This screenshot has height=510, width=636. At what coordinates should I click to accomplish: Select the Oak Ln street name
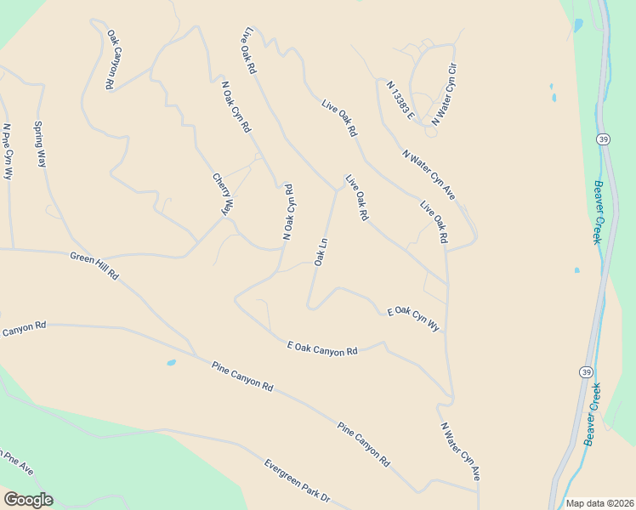[x=321, y=252]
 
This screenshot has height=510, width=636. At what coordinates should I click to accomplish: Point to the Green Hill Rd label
[x=94, y=266]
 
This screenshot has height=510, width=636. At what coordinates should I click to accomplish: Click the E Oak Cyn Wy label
[x=413, y=320]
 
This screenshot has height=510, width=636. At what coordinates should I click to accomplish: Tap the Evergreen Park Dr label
[x=296, y=480]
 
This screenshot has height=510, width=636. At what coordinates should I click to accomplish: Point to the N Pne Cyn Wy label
[x=8, y=150]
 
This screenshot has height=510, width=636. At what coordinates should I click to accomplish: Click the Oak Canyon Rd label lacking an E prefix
[x=111, y=59]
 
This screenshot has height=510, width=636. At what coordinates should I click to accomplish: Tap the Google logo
[x=28, y=500]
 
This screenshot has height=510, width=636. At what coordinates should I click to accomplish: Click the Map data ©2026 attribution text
[x=599, y=503]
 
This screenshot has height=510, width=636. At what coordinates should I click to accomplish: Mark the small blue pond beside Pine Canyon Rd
[x=171, y=363]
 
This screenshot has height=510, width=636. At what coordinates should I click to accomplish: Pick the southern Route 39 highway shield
[x=586, y=372]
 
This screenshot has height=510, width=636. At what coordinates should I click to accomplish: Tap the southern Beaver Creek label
[x=593, y=415]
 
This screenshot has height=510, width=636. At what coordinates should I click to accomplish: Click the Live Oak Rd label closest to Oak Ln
[x=355, y=198]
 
